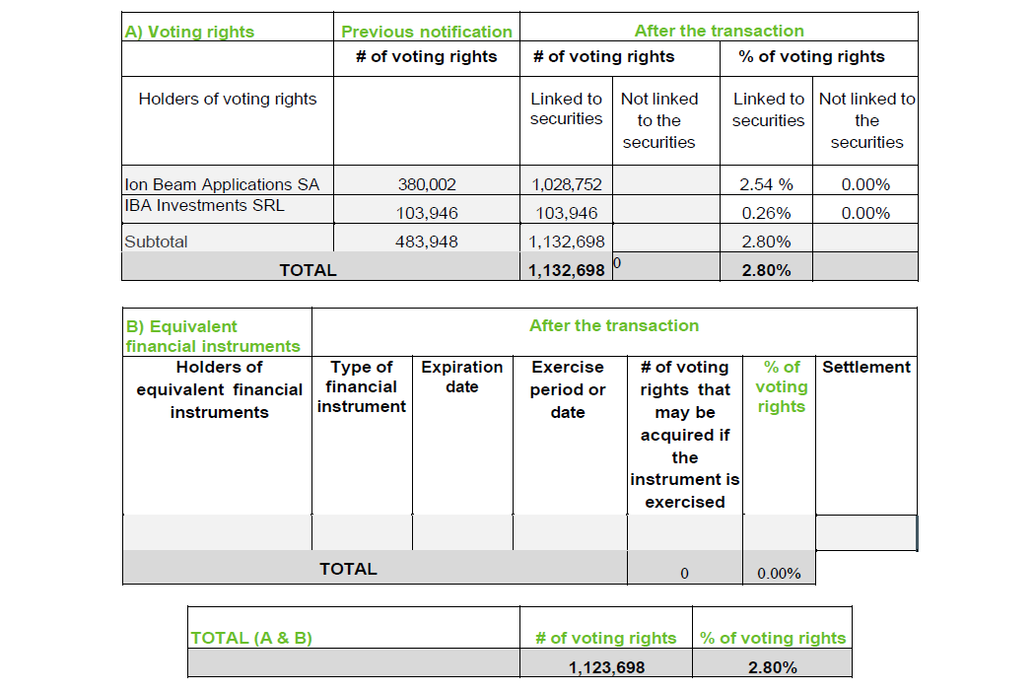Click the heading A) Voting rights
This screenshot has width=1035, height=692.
(x=189, y=32)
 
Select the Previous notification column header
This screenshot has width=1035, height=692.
(x=427, y=32)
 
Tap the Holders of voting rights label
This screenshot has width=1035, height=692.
(x=228, y=99)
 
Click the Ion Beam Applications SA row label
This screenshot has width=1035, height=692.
(x=222, y=184)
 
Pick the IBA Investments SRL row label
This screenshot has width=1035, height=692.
(x=204, y=205)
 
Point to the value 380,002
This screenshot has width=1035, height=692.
(x=427, y=184)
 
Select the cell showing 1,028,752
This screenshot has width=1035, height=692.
(x=567, y=184)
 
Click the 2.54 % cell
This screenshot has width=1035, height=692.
(x=766, y=184)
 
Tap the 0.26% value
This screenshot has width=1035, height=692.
(x=766, y=213)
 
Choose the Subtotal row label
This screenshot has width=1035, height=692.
(x=156, y=242)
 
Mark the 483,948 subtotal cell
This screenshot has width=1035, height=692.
(x=427, y=242)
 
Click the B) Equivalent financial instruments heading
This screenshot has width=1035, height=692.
(x=213, y=336)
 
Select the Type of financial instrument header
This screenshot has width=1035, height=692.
(x=362, y=386)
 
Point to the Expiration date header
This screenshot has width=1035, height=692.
(x=462, y=377)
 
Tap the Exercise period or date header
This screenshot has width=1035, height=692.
(x=568, y=389)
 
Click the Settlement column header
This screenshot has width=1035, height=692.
(x=866, y=367)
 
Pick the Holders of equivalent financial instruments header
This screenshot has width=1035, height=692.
(x=219, y=389)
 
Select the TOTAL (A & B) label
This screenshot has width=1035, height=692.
(x=251, y=638)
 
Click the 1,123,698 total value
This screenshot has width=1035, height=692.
(x=606, y=667)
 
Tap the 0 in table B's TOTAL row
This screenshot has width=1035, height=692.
(x=684, y=574)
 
